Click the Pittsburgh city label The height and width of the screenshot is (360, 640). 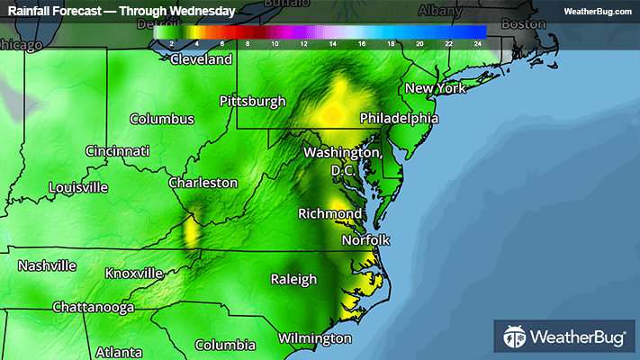click(x=253, y=101)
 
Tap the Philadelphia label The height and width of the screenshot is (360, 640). click(x=399, y=118)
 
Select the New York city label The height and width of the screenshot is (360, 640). click(x=435, y=88)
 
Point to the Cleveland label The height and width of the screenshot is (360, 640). click(x=202, y=60)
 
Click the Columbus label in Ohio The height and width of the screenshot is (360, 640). click(x=162, y=119)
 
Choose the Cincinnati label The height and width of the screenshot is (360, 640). click(x=117, y=151)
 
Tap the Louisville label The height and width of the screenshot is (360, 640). click(x=78, y=187)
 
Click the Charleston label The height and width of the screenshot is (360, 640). click(x=203, y=183)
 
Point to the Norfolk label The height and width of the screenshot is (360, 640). click(x=365, y=240)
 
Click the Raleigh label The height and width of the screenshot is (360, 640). click(x=294, y=279)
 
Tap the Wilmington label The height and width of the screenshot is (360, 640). click(x=314, y=338)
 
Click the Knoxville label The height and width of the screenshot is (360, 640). click(x=134, y=273)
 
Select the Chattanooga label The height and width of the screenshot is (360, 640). click(x=93, y=307)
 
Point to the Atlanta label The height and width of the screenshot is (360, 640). click(x=119, y=351)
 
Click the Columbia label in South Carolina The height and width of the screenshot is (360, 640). click(x=225, y=345)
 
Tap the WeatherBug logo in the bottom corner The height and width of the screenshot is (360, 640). click(x=563, y=337)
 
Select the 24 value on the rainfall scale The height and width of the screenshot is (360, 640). click(x=479, y=43)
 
